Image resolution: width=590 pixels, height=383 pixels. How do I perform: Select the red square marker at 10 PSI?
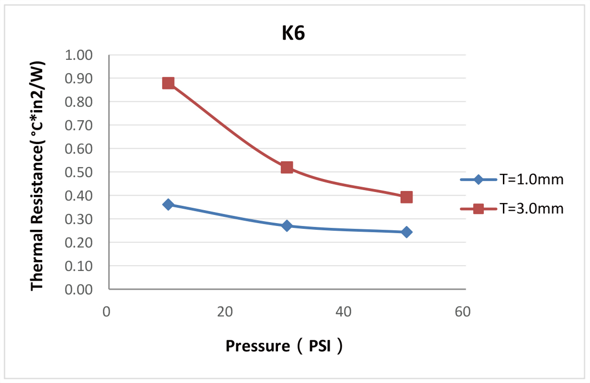pyautogui.click(x=168, y=83)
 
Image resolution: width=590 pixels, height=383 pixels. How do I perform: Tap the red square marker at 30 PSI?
pyautogui.click(x=287, y=167)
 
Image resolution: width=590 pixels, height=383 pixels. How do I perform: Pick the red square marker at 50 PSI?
pyautogui.click(x=406, y=197)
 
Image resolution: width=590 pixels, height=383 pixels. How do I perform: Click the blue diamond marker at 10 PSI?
pyautogui.click(x=168, y=204)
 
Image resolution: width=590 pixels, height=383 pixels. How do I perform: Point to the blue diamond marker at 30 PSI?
pyautogui.click(x=287, y=225)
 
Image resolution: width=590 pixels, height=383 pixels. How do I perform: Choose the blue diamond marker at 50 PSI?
pyautogui.click(x=406, y=232)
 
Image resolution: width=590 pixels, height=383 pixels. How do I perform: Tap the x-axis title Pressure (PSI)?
pyautogui.click(x=284, y=346)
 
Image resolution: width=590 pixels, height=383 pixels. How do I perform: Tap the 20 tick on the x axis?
pyautogui.click(x=224, y=312)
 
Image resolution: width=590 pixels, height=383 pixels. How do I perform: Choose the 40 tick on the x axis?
pyautogui.click(x=344, y=312)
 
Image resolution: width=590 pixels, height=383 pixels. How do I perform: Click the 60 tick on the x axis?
pyautogui.click(x=462, y=312)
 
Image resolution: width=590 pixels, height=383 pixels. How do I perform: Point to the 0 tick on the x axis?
pyautogui.click(x=106, y=312)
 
